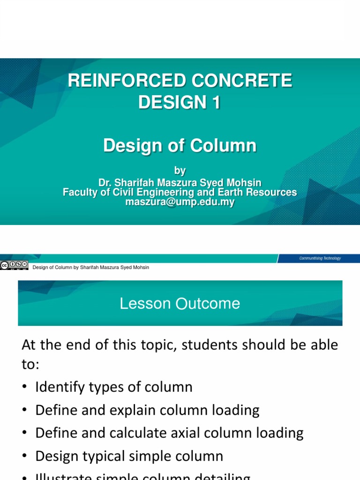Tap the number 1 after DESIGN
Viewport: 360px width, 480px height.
pyautogui.click(x=215, y=102)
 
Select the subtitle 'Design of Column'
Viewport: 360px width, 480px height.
pyautogui.click(x=180, y=146)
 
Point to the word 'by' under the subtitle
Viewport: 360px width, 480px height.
pyautogui.click(x=180, y=171)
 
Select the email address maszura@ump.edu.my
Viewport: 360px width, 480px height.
pyautogui.click(x=180, y=202)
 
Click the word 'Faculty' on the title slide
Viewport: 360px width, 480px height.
pyautogui.click(x=81, y=192)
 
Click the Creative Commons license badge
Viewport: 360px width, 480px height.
pyautogui.click(x=14, y=265)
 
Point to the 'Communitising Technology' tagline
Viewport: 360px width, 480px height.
pyautogui.click(x=320, y=258)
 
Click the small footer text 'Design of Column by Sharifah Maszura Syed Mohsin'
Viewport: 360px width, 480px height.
pyautogui.click(x=90, y=267)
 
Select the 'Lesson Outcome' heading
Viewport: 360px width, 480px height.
pyautogui.click(x=180, y=304)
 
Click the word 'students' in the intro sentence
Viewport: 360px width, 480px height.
pyautogui.click(x=210, y=345)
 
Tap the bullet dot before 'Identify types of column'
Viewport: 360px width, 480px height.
pyautogui.click(x=25, y=388)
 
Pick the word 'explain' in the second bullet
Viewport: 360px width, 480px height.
pyautogui.click(x=133, y=411)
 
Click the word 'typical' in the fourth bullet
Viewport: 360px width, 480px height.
pyautogui.click(x=106, y=456)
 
